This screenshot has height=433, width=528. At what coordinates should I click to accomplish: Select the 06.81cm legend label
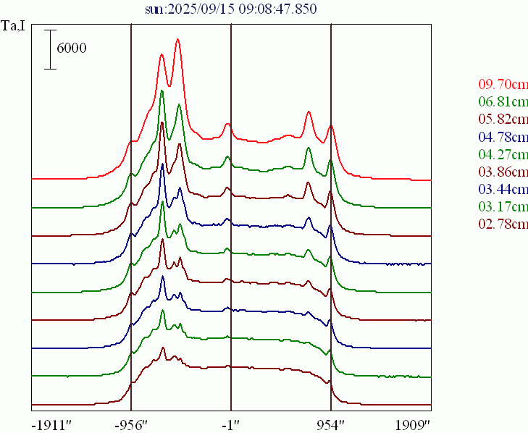[503, 101]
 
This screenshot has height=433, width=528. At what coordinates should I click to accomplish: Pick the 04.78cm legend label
[503, 136]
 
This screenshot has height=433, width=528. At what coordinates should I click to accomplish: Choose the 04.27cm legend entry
[503, 154]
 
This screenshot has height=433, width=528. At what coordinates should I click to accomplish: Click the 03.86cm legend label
[503, 172]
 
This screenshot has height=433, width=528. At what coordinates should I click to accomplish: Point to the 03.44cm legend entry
[503, 190]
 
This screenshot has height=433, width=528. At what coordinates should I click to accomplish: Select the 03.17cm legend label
[503, 207]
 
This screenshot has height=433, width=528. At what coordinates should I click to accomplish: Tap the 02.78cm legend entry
[503, 224]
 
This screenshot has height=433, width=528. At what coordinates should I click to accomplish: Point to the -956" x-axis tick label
[131, 423]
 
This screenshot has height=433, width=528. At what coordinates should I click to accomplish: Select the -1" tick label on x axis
[230, 423]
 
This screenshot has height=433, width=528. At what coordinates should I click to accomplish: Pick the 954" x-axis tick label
[330, 423]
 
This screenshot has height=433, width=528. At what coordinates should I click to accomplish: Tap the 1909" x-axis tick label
[413, 423]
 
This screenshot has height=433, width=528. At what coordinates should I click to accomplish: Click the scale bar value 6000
[71, 49]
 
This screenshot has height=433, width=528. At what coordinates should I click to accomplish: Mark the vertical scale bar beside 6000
[50, 49]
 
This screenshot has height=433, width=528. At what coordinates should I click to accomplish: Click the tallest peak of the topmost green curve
[162, 91]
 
